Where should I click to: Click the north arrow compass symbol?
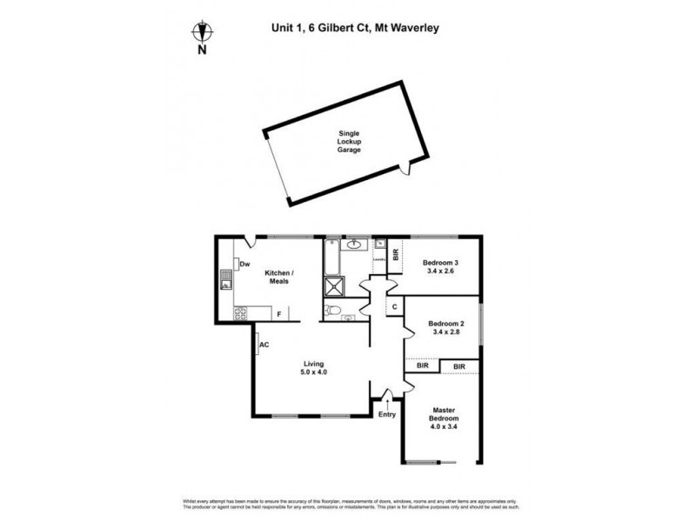(202, 33)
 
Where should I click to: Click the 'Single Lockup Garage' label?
(349, 142)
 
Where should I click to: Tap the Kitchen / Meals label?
(279, 278)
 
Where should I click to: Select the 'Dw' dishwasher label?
(245, 264)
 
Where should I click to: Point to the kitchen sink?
(226, 280)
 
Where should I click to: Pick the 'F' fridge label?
(278, 313)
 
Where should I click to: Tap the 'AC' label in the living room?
(264, 345)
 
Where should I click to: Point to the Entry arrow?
(388, 402)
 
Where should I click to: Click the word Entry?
(387, 414)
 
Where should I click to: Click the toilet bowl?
(334, 310)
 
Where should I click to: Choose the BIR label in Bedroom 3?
(397, 255)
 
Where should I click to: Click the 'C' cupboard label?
(395, 307)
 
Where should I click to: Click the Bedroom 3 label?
(440, 262)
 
